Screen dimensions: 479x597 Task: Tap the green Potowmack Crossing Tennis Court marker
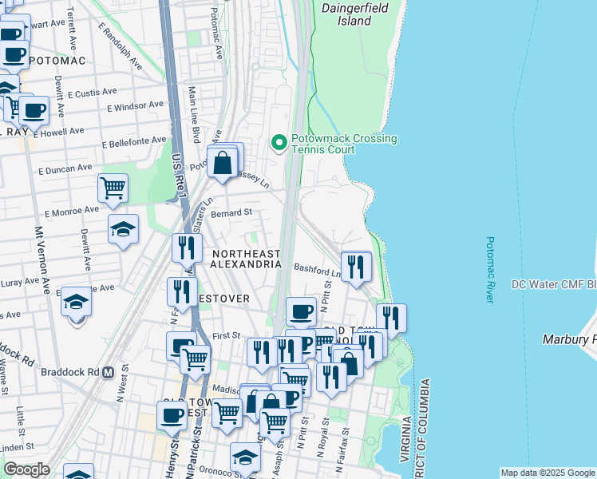279,144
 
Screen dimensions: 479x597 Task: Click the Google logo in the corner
26,469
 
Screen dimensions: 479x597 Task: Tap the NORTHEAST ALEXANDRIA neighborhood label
247,258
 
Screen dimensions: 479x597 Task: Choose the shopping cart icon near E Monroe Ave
113,188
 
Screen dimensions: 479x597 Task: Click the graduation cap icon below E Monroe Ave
123,229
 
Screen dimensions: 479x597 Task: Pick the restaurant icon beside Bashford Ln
355,266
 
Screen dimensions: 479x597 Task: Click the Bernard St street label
231,213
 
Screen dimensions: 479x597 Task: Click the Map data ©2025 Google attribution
548,473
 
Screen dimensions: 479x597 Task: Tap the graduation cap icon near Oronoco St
245,457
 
